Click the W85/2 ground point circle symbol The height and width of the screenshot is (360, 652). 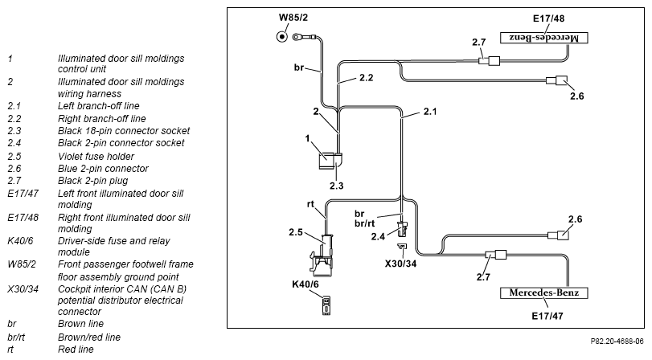click(282, 37)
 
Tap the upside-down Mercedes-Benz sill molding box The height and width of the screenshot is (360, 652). click(544, 38)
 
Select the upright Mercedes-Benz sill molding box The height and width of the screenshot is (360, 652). click(544, 292)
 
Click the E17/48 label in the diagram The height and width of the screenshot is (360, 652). click(548, 18)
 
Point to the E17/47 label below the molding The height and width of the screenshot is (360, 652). click(547, 316)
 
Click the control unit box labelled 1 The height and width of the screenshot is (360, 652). click(326, 161)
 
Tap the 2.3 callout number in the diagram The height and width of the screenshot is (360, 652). click(336, 186)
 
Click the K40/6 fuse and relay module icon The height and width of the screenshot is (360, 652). click(326, 305)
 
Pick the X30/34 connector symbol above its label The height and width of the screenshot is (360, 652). click(402, 247)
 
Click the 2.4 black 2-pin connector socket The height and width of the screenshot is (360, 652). click(403, 229)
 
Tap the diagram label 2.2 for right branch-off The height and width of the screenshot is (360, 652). click(367, 78)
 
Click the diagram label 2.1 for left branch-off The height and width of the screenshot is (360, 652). click(430, 112)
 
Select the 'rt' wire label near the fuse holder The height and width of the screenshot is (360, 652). click(310, 204)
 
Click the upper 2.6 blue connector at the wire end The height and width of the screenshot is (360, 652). click(557, 80)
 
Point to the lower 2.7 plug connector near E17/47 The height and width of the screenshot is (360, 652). click(496, 255)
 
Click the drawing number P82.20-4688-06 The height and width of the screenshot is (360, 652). click(617, 342)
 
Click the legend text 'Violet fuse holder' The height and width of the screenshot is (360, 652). click(96, 157)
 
